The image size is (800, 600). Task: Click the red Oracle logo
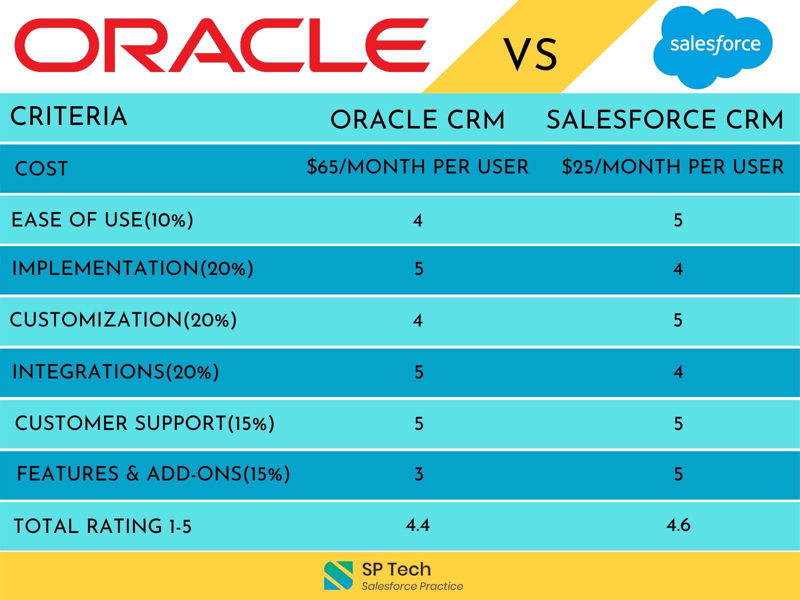click(x=221, y=45)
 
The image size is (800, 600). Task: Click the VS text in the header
click(x=530, y=54)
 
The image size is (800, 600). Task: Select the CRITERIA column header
click(x=69, y=116)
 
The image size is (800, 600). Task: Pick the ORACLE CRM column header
click(x=417, y=120)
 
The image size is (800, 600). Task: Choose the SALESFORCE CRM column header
click(x=664, y=120)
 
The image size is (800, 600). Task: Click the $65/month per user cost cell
click(x=417, y=167)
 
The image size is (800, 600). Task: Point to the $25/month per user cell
click(x=672, y=167)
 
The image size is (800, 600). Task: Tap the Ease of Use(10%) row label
click(x=102, y=220)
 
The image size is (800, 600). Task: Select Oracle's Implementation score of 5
click(x=419, y=269)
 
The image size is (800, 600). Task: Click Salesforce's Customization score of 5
click(x=678, y=320)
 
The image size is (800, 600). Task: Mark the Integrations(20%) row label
click(x=115, y=372)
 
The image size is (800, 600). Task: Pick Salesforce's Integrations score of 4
click(x=678, y=372)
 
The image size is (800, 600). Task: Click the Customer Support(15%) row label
click(x=144, y=423)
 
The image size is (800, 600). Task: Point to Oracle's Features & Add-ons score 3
click(x=419, y=474)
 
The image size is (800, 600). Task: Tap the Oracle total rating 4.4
click(x=417, y=525)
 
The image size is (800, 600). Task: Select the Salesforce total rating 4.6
click(x=678, y=525)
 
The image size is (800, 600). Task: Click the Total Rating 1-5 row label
click(x=102, y=526)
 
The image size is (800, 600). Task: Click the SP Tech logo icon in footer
click(x=338, y=575)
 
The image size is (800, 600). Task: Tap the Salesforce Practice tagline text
click(x=412, y=586)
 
